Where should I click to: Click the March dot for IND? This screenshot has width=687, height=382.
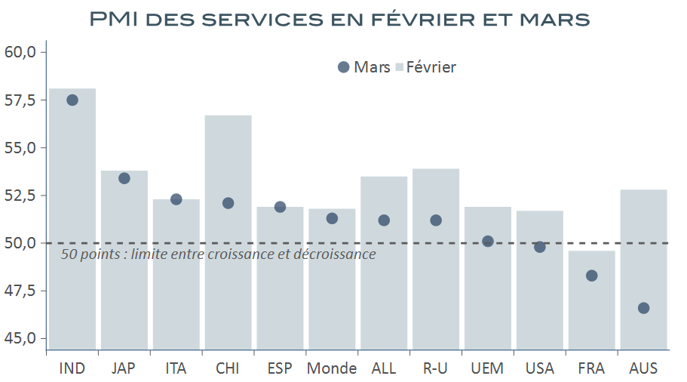click(72, 100)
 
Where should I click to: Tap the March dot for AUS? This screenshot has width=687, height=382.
click(643, 308)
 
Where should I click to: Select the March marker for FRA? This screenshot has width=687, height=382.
click(591, 276)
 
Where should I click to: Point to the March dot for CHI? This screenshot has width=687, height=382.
click(228, 203)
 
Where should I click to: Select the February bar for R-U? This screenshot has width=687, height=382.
click(436, 287)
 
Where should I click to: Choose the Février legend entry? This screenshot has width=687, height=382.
click(426, 67)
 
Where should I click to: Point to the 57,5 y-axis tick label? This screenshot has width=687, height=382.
click(20, 100)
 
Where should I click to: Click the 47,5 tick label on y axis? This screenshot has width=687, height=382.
click(20, 291)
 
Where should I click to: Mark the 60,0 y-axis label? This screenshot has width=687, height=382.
click(20, 52)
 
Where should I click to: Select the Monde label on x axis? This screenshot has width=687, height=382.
click(332, 368)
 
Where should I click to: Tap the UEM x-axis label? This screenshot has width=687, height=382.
click(488, 368)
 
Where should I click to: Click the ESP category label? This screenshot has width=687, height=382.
click(280, 368)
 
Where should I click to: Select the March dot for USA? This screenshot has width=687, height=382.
click(540, 247)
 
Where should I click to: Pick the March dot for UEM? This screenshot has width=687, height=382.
click(488, 242)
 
